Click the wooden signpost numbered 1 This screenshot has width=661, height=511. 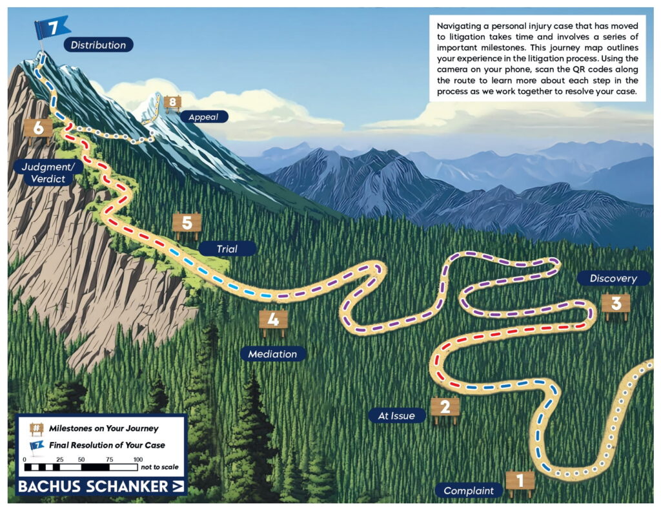point(520,481)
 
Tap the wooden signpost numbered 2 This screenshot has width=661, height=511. point(445,407)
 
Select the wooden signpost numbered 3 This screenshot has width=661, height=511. point(615,304)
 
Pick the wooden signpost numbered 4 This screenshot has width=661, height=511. point(273,320)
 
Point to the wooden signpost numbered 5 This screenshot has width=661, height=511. point(187,224)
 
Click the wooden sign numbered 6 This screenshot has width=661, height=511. point(38,128)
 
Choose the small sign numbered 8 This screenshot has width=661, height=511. point(172,101)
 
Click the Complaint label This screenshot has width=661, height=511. point(469,490)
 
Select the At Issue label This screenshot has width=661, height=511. point(396,415)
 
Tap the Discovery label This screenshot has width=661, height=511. point(613,278)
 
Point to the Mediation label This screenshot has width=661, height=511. point(272,354)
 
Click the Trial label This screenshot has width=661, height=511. point(227,248)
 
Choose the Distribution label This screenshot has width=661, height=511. point(98,45)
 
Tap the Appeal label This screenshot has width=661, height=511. point(204,117)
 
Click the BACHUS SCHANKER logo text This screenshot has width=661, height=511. point(93,486)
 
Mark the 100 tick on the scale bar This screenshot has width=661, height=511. point(137,459)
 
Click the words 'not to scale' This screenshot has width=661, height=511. point(160,466)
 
